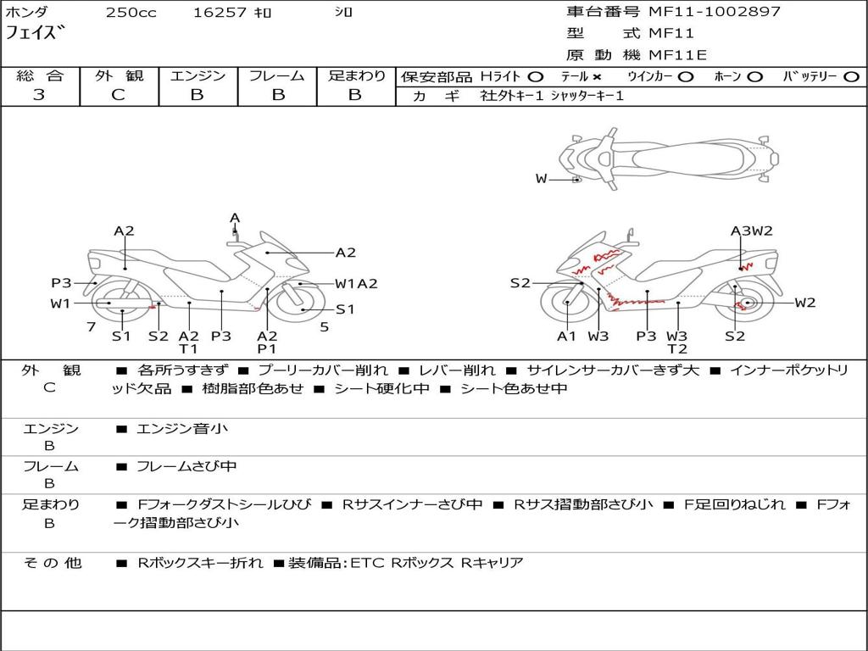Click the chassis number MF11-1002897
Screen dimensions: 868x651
(714, 12)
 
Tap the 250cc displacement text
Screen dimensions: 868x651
(131, 13)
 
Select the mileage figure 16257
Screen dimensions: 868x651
(219, 13)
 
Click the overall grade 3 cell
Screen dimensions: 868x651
(39, 95)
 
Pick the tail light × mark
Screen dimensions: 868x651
(596, 77)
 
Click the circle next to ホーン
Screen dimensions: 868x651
(755, 77)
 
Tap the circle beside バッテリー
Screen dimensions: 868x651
(852, 77)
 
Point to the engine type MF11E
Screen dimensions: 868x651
(677, 55)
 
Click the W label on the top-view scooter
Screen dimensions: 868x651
(541, 179)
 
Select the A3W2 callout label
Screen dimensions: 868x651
(751, 231)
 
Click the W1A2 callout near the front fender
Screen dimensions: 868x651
(356, 284)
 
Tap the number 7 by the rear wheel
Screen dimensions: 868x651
(92, 327)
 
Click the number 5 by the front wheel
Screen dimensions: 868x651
(325, 327)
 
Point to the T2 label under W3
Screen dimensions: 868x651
(677, 348)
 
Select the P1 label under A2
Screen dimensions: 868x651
(267, 348)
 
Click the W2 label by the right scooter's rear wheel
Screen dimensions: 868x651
(805, 303)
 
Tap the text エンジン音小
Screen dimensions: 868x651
(181, 428)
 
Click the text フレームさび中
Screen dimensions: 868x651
(186, 467)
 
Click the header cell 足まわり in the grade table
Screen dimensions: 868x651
(356, 75)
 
